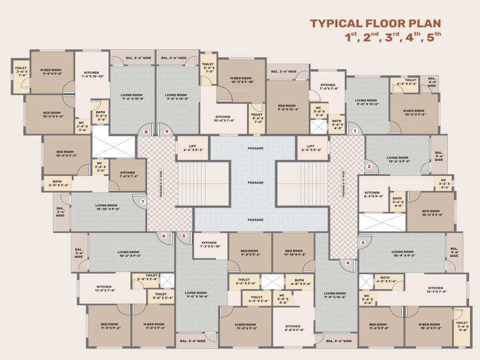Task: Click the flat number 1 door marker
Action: click(x=355, y=132)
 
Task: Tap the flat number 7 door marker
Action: click(x=143, y=202)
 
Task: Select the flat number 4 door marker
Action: click(x=348, y=263)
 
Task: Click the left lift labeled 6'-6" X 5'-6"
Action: click(x=192, y=148)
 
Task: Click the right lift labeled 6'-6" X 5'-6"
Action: click(x=312, y=148)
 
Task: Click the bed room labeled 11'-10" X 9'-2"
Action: click(x=294, y=253)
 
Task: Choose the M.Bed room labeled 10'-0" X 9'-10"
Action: click(x=241, y=80)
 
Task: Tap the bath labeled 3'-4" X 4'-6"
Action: click(x=398, y=202)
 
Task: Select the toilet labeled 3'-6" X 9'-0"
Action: click(x=462, y=326)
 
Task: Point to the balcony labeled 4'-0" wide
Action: click(x=432, y=82)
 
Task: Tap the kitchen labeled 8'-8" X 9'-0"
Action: click(x=292, y=328)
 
